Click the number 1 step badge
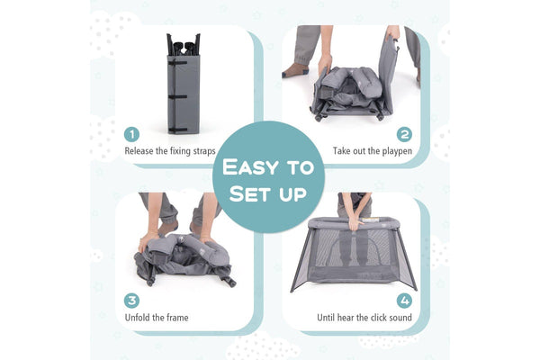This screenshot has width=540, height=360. pyautogui.click(x=131, y=134)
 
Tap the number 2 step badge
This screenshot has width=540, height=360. pyautogui.click(x=404, y=134)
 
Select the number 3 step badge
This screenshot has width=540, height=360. pyautogui.click(x=131, y=301)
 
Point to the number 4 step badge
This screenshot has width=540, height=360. pyautogui.click(x=404, y=301)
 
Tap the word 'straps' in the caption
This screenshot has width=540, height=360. pyautogui.click(x=204, y=151)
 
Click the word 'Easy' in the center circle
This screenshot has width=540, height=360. pyautogui.click(x=250, y=167)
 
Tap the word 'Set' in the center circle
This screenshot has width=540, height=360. pyautogui.click(x=249, y=193)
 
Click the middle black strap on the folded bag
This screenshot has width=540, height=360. pyautogui.click(x=177, y=97)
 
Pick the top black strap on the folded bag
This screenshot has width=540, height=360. pyautogui.click(x=177, y=63)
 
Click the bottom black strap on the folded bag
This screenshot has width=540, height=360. pyautogui.click(x=177, y=130)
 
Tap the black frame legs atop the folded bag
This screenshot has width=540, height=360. pyautogui.click(x=184, y=45)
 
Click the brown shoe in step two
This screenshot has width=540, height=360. pyautogui.click(x=295, y=70)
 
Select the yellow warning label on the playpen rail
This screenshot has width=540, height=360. pyautogui.click(x=370, y=220)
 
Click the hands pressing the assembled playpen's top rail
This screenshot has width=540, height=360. pyautogui.click(x=355, y=224)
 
